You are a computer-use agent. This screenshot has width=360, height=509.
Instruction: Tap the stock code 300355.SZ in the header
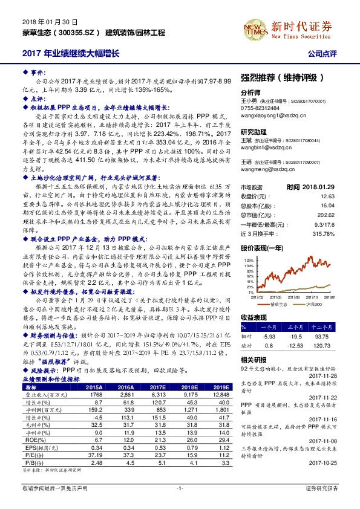(76, 31)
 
